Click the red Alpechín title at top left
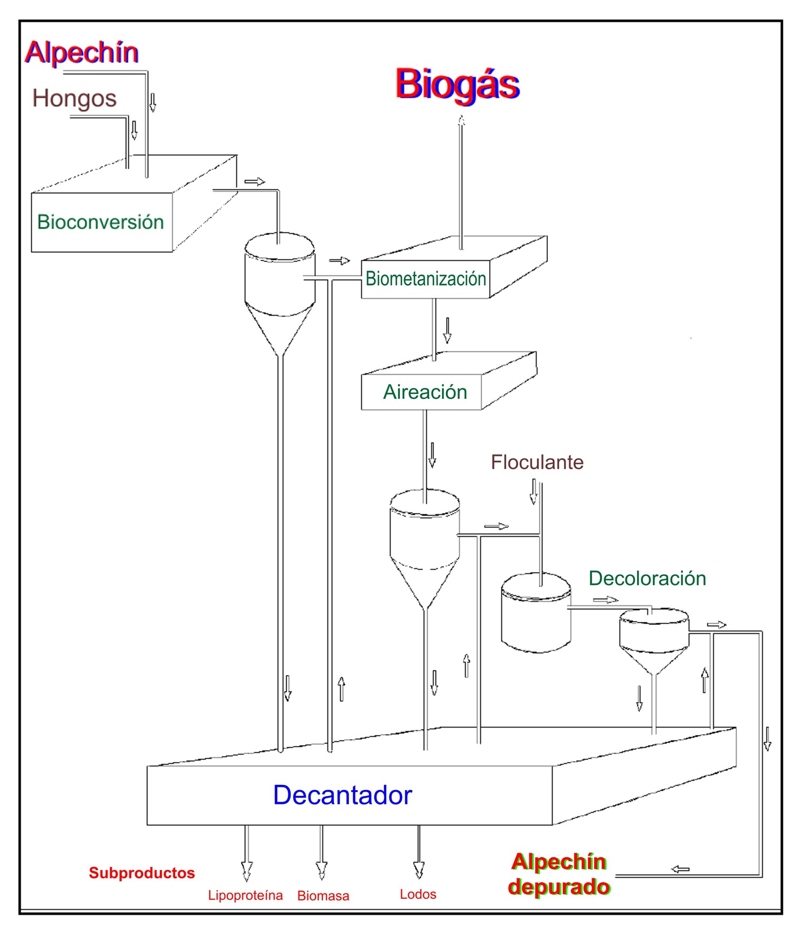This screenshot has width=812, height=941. tap(82, 53)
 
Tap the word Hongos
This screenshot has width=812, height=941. tap(75, 99)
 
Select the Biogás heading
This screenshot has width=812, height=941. tap(458, 85)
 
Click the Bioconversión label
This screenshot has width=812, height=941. tap(100, 222)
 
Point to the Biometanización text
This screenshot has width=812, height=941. tap(426, 279)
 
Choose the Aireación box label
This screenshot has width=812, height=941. tap(425, 392)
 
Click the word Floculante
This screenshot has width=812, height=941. tap(537, 462)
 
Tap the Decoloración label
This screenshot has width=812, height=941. tap(647, 578)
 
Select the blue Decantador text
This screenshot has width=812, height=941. tap(343, 795)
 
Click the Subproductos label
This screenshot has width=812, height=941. tap(142, 873)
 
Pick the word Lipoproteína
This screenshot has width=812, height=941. tap(245, 895)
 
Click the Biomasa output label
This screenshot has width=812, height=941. tap(323, 896)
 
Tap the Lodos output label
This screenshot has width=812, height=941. tap(418, 894)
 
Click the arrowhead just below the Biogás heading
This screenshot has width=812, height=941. tap(461, 121)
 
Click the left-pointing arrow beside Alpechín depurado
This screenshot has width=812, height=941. tap(680, 869)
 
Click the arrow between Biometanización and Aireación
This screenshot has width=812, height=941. tap(447, 331)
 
